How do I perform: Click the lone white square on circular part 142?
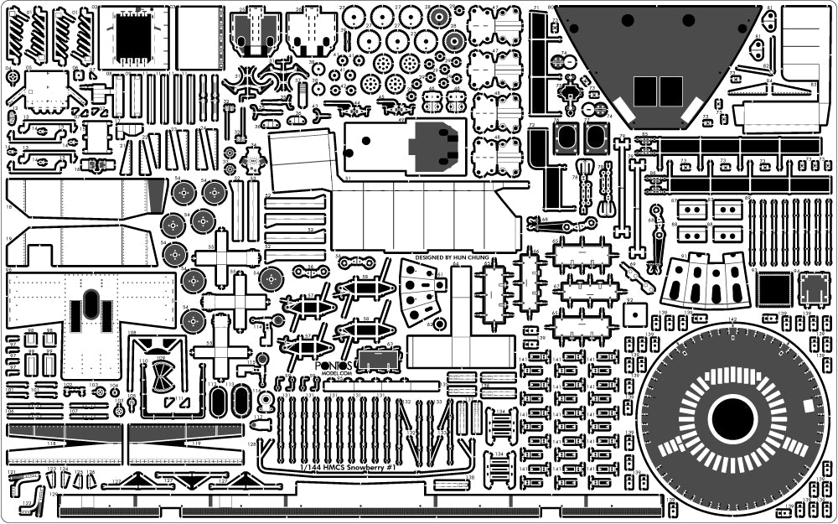[x=807, y=407]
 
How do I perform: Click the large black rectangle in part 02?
[x=132, y=37]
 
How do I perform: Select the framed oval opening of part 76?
[x=567, y=137]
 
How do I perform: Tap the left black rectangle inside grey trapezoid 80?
[x=645, y=91]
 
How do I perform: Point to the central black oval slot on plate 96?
[x=91, y=308]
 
